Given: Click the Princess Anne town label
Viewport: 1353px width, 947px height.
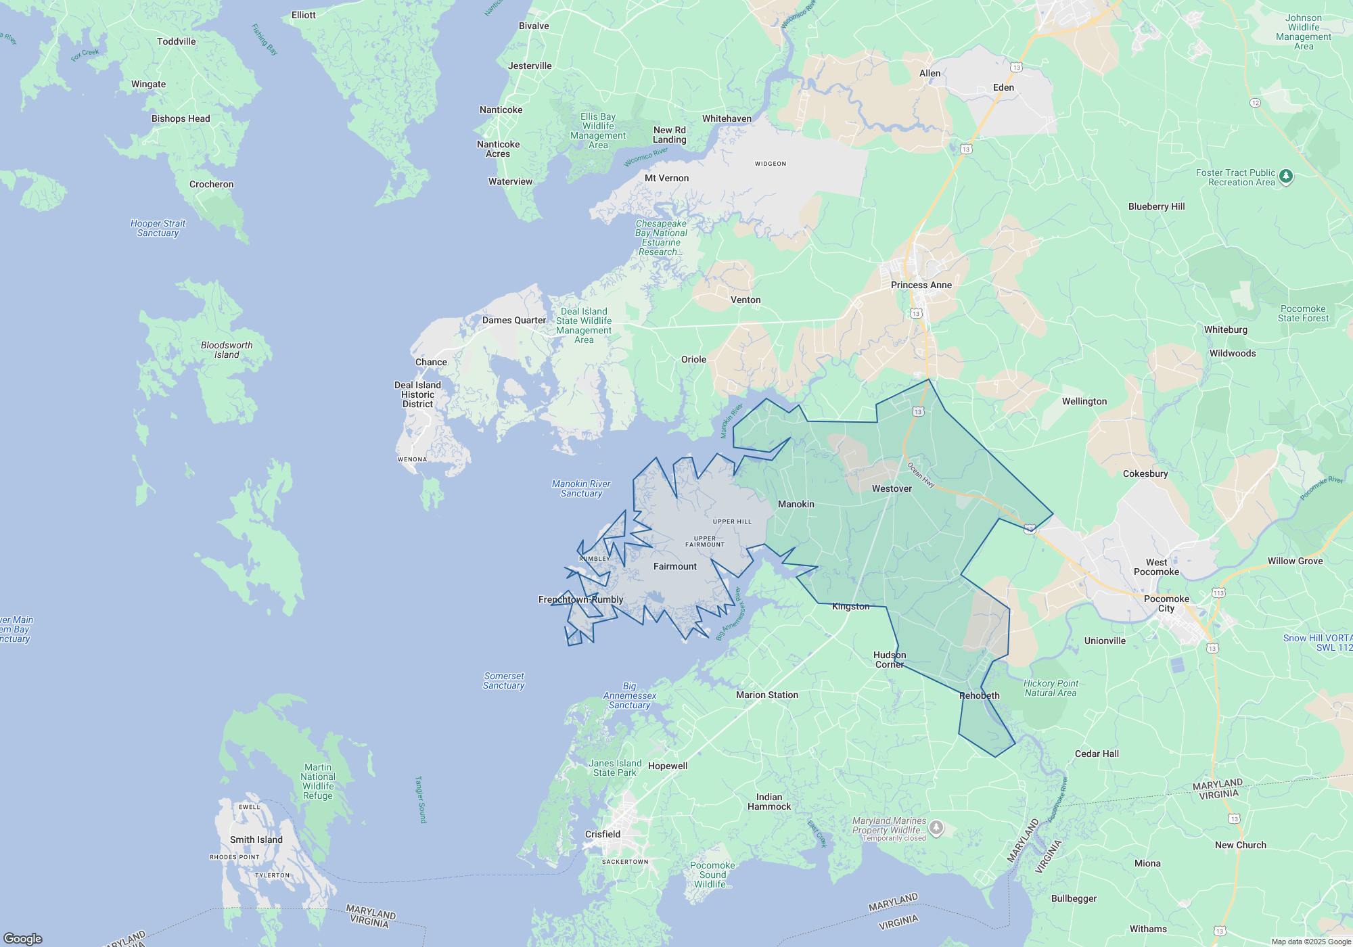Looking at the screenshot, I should click(x=921, y=285).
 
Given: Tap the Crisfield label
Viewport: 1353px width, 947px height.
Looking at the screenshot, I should click(x=602, y=835).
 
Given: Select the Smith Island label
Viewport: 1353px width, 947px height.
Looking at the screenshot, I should click(x=256, y=840).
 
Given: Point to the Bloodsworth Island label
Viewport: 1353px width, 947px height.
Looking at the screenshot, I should click(x=227, y=350).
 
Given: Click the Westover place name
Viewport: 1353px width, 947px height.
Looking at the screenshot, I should click(x=892, y=489).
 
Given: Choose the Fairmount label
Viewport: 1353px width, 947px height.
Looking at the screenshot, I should click(x=674, y=567).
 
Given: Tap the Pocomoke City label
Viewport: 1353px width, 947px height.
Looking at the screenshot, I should click(x=1166, y=604).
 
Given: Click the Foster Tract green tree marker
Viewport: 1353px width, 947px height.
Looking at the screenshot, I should click(x=1286, y=177).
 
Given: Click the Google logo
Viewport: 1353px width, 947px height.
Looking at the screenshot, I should click(x=23, y=939).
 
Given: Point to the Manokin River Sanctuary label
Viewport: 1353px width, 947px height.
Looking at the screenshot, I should click(x=581, y=489).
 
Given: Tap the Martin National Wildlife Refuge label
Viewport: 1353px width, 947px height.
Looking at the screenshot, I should click(x=318, y=782).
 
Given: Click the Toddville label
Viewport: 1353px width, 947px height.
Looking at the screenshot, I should click(x=176, y=42).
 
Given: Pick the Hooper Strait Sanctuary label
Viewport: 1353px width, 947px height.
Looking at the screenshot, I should click(x=158, y=229).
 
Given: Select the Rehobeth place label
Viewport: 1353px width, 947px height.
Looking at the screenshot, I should click(x=979, y=696).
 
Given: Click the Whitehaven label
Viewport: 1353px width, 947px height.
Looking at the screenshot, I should click(x=727, y=119).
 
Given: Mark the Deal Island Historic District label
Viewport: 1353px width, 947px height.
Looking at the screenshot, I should click(x=417, y=395).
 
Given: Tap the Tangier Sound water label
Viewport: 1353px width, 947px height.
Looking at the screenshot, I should click(x=421, y=800).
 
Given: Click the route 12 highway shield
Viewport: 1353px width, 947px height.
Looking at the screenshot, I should click(x=1255, y=103).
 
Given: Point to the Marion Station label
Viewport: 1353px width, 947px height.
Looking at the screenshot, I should click(x=766, y=695).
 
